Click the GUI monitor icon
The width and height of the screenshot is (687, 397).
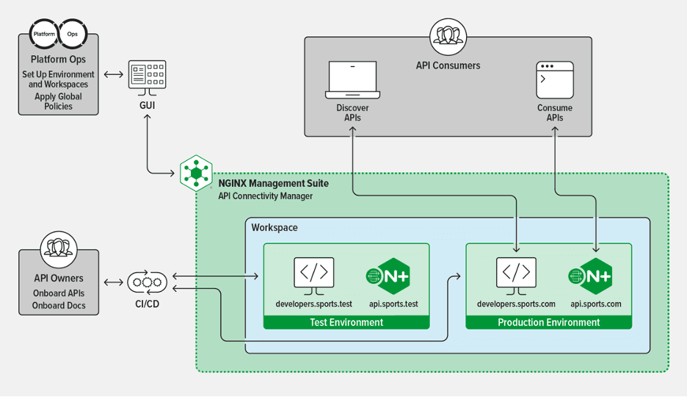pos(148,77)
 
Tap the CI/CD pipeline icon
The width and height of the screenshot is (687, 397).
pos(148,282)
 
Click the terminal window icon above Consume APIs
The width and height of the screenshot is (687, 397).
pos(555,81)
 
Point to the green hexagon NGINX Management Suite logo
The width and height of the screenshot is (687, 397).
pos(196,174)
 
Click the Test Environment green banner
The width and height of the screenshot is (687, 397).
pos(346,322)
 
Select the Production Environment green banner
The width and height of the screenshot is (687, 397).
pos(548,322)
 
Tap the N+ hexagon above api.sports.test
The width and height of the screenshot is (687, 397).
pos(388,276)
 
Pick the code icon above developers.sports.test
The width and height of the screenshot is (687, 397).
pos(313,273)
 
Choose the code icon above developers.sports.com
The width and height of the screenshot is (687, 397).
pos(516,273)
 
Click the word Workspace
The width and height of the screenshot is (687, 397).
pos(275,228)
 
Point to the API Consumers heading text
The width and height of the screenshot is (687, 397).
pos(448,65)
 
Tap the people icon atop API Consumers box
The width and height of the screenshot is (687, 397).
pos(448,35)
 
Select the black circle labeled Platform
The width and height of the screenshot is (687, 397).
pos(44,35)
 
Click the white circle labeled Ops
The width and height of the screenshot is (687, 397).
pos(73,35)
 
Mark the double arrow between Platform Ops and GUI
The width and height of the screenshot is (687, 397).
pos(114,74)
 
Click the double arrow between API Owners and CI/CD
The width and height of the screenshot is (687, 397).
pos(114,282)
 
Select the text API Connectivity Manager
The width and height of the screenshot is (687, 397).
pos(265,196)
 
